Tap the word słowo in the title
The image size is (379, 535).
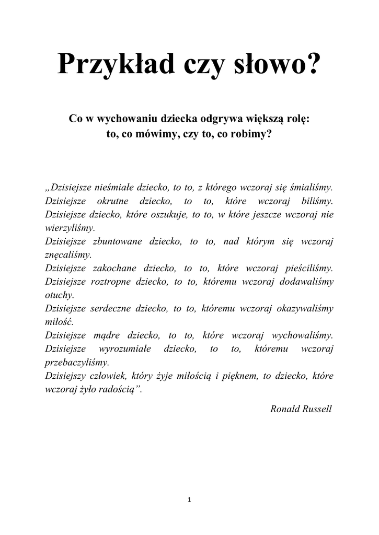coord(280,66)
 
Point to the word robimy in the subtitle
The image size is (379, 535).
coord(254,134)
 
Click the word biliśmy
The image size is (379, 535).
coord(317,201)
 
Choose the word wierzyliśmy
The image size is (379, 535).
coord(70,228)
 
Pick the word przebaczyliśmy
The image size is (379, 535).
coord(77,362)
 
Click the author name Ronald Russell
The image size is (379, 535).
coord(301,408)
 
